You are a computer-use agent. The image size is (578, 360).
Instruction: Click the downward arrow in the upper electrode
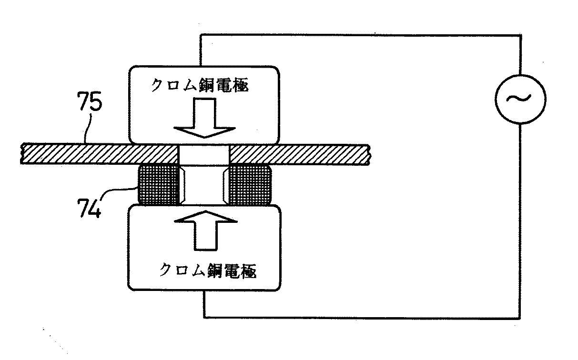pyautogui.click(x=203, y=121)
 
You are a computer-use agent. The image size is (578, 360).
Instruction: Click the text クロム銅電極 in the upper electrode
pyautogui.click(x=200, y=85)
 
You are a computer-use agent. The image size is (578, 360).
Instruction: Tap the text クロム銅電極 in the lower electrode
pyautogui.click(x=208, y=271)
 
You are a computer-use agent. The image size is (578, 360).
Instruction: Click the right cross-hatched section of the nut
pyautogui.click(x=249, y=184)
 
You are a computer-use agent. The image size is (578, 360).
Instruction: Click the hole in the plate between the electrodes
pyautogui.click(x=203, y=154)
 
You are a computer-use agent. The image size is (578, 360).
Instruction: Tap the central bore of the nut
pyautogui.click(x=203, y=185)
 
